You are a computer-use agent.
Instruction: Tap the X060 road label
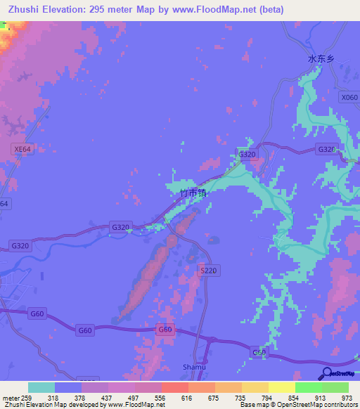(349, 98)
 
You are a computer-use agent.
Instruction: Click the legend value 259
(27, 397)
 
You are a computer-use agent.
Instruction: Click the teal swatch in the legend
(41, 387)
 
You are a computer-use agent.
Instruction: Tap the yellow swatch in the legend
(282, 387)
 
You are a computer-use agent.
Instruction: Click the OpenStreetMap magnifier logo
(328, 373)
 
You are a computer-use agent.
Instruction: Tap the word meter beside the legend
(10, 397)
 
